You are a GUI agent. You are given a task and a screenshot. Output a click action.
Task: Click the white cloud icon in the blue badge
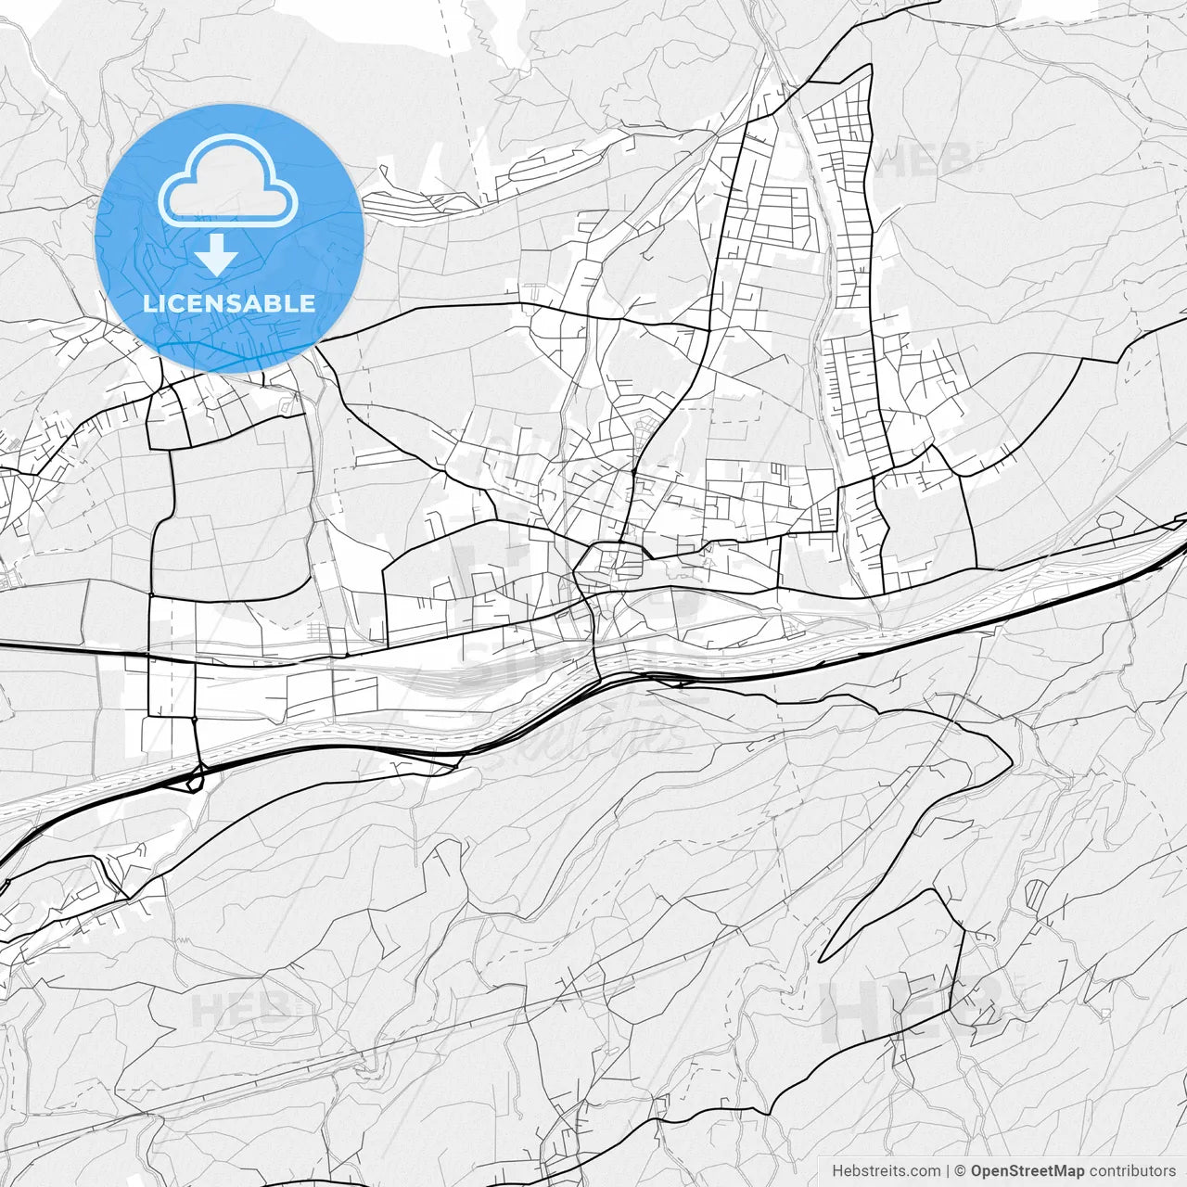pos(228,180)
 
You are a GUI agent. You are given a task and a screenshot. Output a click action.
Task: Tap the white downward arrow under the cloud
pos(216,254)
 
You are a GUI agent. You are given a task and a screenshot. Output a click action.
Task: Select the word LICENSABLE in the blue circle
pos(229,303)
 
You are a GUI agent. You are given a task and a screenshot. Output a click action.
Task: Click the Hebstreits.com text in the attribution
pos(886,1171)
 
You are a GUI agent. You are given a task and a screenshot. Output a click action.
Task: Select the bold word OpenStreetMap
pos(1027,1171)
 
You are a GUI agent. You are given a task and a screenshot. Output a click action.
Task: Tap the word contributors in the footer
pos(1131,1171)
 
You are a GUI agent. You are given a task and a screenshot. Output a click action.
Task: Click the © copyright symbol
pos(961,1171)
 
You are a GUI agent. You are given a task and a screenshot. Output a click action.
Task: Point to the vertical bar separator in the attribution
pos(948,1171)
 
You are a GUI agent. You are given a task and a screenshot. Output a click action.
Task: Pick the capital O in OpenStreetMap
pos(976,1171)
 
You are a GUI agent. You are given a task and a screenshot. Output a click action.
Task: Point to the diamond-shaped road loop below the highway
pos(195,781)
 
